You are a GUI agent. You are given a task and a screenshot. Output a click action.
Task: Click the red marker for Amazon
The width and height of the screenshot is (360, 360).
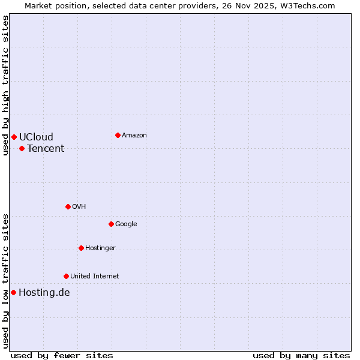pos(118,135)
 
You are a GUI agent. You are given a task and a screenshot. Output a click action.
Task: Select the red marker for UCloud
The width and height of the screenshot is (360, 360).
pos(14,137)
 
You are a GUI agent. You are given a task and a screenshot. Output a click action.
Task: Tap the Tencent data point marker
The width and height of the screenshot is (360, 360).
pos(22,148)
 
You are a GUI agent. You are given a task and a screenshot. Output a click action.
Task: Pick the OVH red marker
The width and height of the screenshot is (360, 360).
pos(68,206)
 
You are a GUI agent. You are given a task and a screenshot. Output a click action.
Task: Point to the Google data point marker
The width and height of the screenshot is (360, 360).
pos(111,224)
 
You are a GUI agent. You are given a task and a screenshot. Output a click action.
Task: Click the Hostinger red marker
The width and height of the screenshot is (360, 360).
pos(81,248)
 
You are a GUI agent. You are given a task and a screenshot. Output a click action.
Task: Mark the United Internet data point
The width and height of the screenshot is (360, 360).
pos(66,276)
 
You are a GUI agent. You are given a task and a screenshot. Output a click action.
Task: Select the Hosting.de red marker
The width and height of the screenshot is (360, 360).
pos(13,292)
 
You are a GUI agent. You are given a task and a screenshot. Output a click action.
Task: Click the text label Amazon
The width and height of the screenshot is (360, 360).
pos(134,135)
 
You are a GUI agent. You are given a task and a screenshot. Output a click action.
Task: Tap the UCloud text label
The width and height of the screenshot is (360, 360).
pos(36,137)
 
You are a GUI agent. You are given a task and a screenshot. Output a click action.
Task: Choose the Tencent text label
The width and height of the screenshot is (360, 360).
pos(46,148)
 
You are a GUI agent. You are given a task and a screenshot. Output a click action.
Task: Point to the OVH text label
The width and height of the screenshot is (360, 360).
pos(79,206)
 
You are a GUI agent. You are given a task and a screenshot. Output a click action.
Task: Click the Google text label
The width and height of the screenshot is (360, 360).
pos(126,224)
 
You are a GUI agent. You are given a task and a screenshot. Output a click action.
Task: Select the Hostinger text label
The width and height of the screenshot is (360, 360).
pos(100,248)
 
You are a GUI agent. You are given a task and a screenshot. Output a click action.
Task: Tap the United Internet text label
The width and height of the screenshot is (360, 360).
pos(94,276)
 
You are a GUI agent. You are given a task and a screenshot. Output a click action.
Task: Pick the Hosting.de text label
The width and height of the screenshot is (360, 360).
pos(44,292)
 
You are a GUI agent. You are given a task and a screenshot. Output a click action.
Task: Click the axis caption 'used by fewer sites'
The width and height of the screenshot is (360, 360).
pos(62,355)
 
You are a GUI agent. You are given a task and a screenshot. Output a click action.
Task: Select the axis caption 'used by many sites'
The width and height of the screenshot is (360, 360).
pos(301,355)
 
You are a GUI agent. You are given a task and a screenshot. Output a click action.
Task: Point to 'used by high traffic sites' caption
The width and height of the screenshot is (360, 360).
pos(6,85)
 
